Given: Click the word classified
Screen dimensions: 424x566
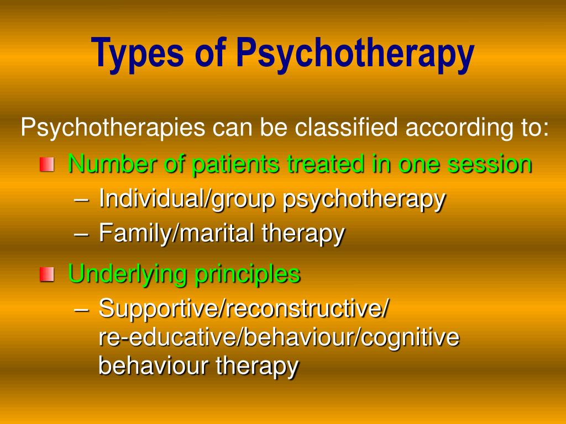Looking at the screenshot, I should pyautogui.click(x=346, y=128).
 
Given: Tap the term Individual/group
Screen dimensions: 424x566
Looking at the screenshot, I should pyautogui.click(x=187, y=199).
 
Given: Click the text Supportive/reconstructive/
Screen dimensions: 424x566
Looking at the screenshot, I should pyautogui.click(x=243, y=309).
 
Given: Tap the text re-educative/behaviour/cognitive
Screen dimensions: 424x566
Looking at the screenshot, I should pyautogui.click(x=279, y=337).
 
